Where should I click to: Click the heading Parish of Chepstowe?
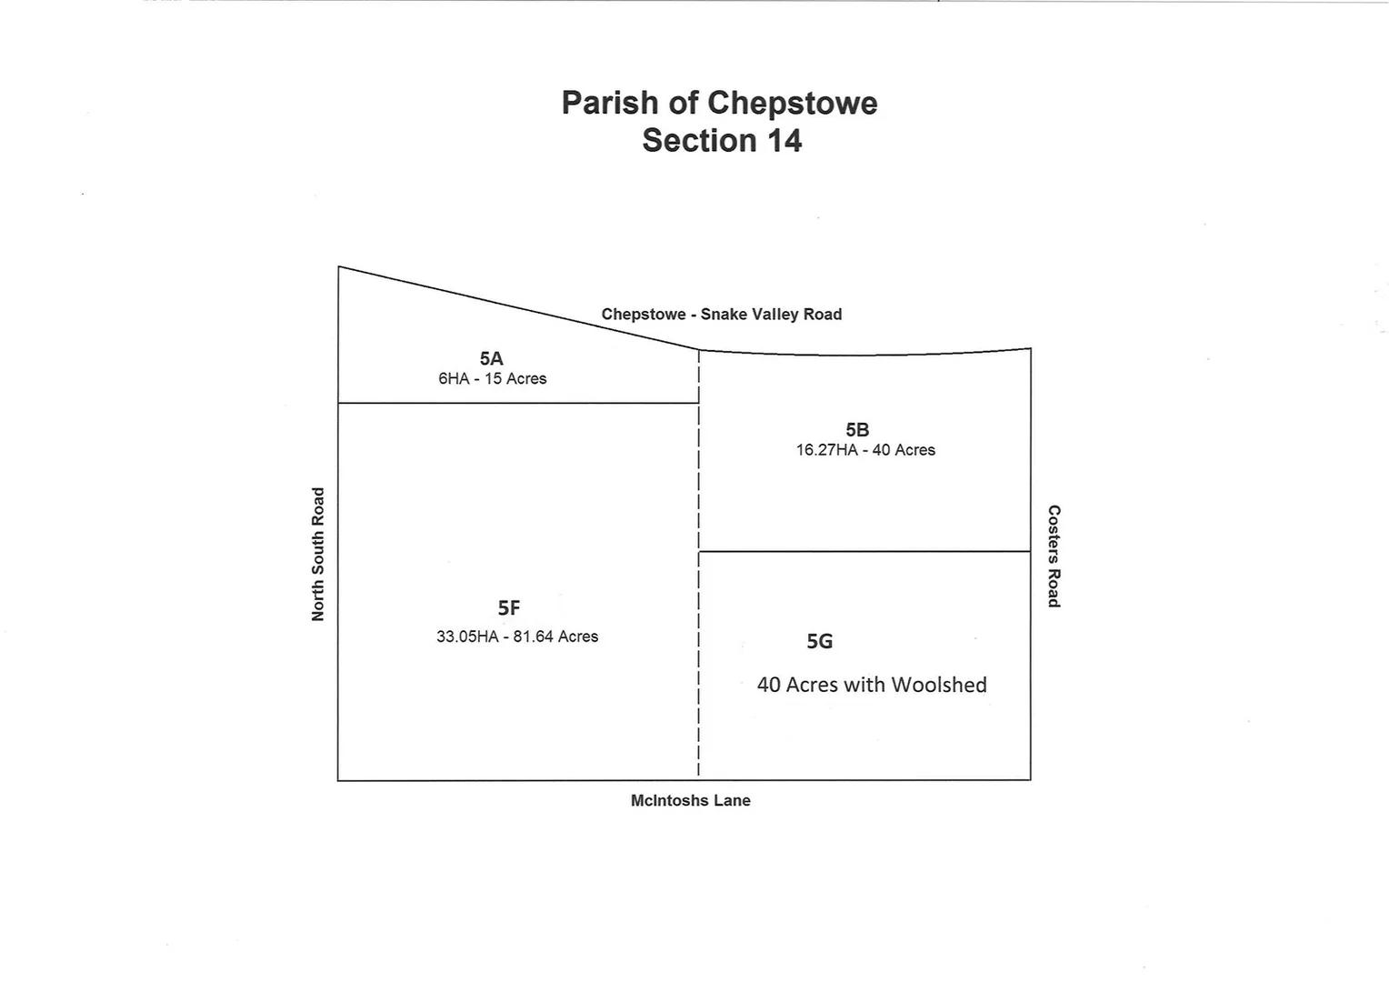point(719,103)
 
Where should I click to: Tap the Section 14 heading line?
point(722,141)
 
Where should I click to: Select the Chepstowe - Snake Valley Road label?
point(721,315)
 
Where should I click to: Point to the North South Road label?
point(318,555)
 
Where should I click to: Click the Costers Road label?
point(1054,556)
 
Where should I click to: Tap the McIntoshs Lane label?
point(690,801)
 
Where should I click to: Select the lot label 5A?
point(491,359)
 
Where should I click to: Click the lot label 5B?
point(856,430)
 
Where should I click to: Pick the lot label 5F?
point(509,608)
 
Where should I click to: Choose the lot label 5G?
point(819,642)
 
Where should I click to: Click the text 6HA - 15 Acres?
point(492,379)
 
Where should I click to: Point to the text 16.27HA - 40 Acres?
point(865,450)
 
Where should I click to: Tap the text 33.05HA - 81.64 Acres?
point(517,637)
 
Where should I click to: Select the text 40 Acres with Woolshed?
point(872,685)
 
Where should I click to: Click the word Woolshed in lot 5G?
point(939,685)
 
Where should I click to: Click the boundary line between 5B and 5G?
point(864,551)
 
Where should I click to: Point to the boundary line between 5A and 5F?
point(518,403)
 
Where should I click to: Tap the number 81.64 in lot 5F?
point(534,637)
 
